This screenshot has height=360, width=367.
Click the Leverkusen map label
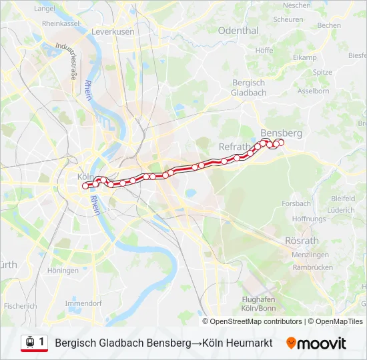point(113,31)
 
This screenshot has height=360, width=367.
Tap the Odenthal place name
point(238,31)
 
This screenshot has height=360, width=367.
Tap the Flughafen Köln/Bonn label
point(259,304)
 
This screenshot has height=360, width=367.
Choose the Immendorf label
point(83,303)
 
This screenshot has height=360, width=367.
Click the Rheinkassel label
point(61,23)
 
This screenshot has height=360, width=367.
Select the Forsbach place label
point(296,203)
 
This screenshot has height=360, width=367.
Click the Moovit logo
point(316,343)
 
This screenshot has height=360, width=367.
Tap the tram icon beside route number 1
point(29,343)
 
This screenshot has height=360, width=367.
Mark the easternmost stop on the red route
point(281,142)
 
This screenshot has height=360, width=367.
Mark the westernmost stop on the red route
point(85,186)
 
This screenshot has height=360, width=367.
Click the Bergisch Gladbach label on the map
point(249,87)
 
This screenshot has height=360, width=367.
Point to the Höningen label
point(63,271)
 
